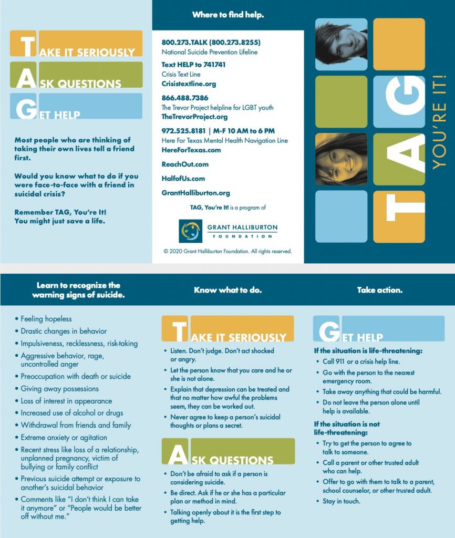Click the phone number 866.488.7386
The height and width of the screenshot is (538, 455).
pyautogui.click(x=185, y=98)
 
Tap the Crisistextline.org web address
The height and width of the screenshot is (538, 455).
pyautogui.click(x=189, y=84)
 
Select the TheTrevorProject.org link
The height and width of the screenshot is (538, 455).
pyautogui.click(x=194, y=117)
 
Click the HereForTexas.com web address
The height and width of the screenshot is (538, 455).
pyautogui.click(x=191, y=150)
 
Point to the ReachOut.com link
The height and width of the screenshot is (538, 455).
pyautogui.click(x=185, y=164)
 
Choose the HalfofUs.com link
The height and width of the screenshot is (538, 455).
pyautogui.click(x=183, y=179)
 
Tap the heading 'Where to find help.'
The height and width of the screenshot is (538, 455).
pyautogui.click(x=228, y=15)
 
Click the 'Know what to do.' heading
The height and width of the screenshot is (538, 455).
pyautogui.click(x=227, y=290)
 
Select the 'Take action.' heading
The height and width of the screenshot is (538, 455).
pyautogui.click(x=379, y=290)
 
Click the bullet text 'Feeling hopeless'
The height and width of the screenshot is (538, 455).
pyautogui.click(x=46, y=319)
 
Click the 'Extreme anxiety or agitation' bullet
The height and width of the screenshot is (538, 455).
pyautogui.click(x=64, y=437)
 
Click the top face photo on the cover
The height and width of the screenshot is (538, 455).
pyautogui.click(x=341, y=44)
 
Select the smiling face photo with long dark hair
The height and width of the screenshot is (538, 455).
pyautogui.click(x=341, y=159)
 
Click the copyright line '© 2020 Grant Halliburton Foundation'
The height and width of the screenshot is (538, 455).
pyautogui.click(x=227, y=251)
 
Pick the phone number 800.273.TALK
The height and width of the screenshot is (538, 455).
pyautogui.click(x=211, y=42)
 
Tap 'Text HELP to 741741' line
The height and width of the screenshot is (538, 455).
pyautogui.click(x=193, y=65)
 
